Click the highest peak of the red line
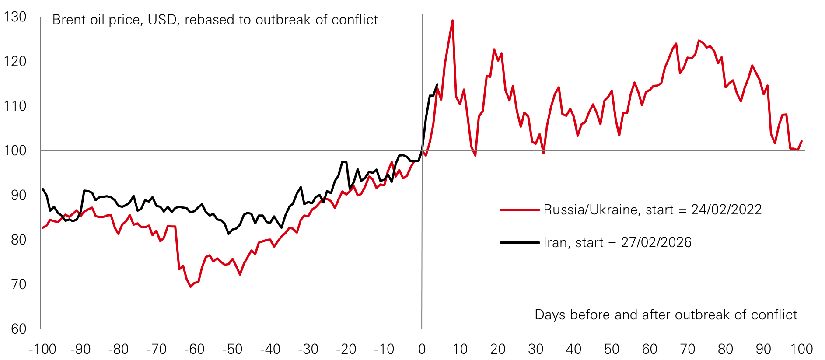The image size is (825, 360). coord(452,21)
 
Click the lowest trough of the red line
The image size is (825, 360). coord(190,287)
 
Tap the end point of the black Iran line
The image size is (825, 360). coord(437,84)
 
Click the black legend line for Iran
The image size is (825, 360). coord(519,242)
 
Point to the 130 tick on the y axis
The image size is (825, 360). coord(15,17)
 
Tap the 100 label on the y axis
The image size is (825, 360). coord(15,150)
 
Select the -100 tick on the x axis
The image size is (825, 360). coord(42,349)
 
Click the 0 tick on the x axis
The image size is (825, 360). coord(422,349)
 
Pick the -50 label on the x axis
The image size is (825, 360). coord(232,349)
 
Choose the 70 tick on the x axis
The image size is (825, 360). coord(687,349)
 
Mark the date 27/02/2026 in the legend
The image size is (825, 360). coord(656,242)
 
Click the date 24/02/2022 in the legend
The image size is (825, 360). coord(726,210)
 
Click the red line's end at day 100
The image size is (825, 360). coord(801,141)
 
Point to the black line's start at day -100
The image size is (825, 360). coord(42,189)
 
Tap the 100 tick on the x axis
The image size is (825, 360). coord(801,349)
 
